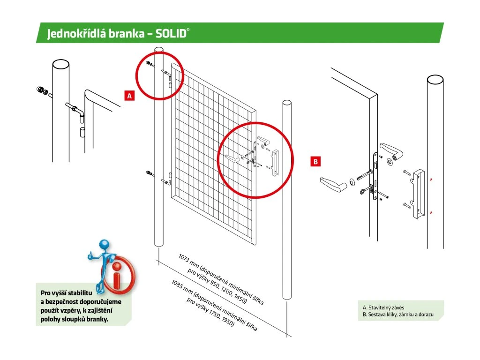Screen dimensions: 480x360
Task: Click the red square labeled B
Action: [316, 162]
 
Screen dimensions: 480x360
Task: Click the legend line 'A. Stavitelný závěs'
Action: [384, 307]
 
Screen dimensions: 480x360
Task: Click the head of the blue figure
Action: [104, 244]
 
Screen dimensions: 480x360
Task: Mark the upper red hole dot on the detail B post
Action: [431, 180]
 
